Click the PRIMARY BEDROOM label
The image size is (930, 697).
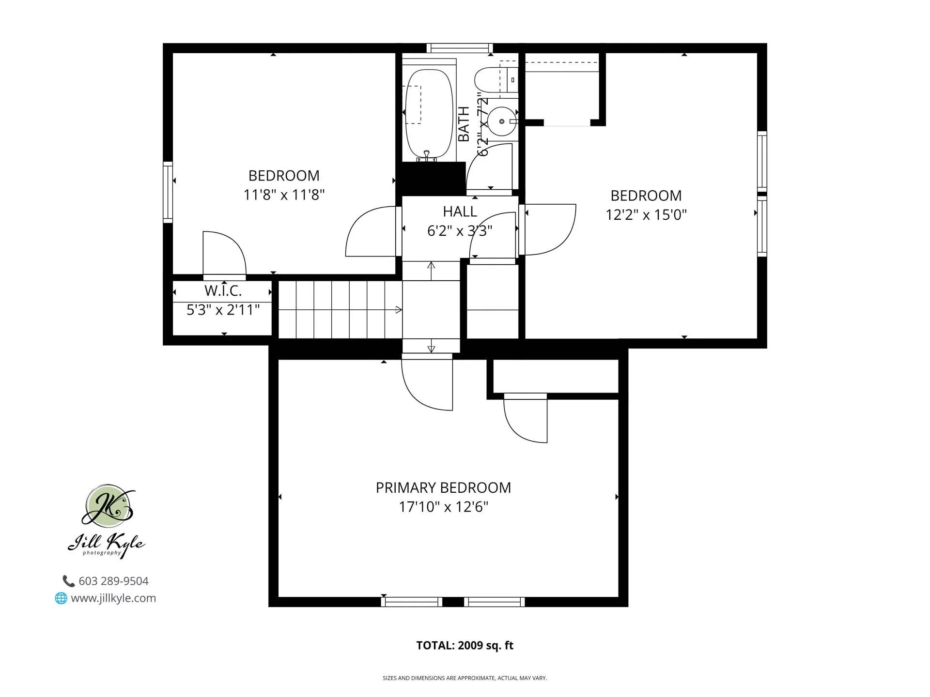[x=443, y=487]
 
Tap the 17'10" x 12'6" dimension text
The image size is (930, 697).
[x=443, y=507]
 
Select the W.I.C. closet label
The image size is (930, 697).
[x=223, y=291]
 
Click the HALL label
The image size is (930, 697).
[x=460, y=212]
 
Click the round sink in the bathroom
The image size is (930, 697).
[x=502, y=121]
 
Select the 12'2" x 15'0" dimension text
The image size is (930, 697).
[x=646, y=214]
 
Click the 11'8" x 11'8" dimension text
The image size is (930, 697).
[x=284, y=195]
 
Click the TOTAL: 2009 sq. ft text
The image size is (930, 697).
[x=465, y=645]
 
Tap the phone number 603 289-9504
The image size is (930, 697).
[x=113, y=581]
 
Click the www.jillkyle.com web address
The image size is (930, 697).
[x=113, y=598]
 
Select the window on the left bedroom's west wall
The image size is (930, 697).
[x=168, y=192]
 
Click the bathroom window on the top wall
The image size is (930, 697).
[x=460, y=48]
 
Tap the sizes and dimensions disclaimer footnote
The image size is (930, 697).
[x=465, y=678]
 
